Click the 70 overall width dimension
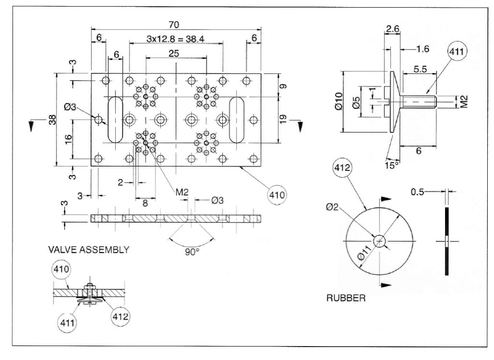pos(174,24)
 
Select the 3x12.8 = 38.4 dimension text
pos(176,39)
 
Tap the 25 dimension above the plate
pos(174,54)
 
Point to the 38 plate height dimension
pos(52,120)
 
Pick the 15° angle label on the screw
pos(391,165)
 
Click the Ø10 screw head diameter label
pos(338,101)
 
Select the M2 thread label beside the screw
pos(464,101)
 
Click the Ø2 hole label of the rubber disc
pos(332,207)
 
